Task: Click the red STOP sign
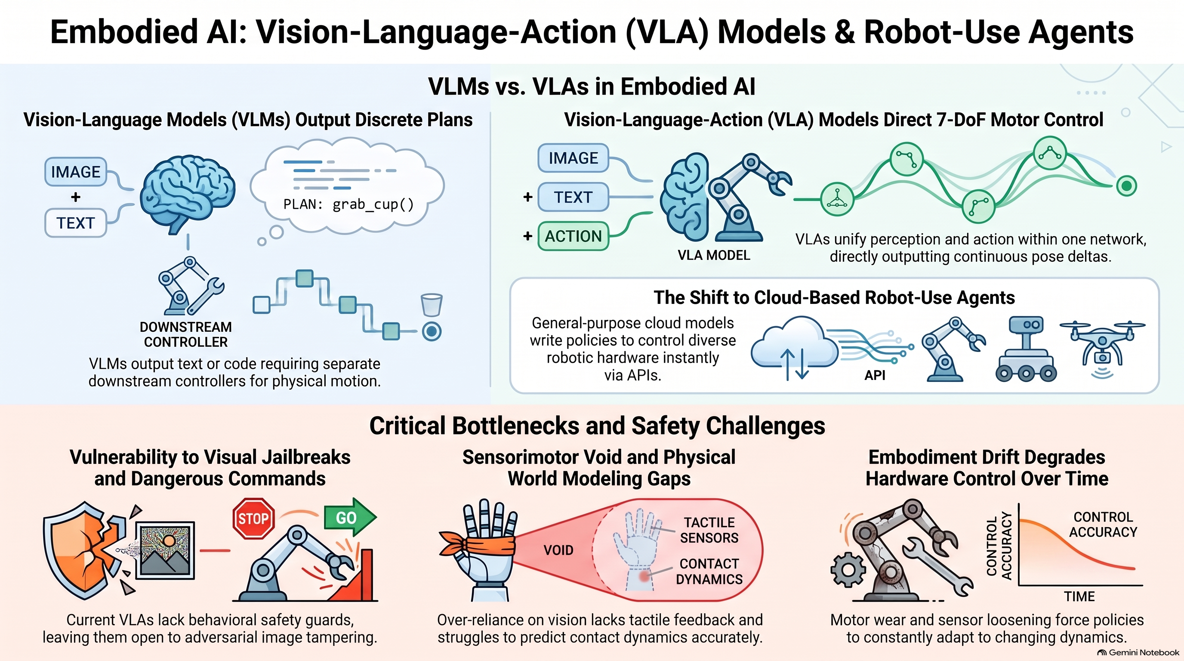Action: [254, 518]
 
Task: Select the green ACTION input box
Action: [573, 236]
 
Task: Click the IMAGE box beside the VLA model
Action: [573, 158]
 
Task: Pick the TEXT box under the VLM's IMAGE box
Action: [75, 223]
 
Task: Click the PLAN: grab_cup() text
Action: [348, 204]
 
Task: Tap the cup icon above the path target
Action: [432, 305]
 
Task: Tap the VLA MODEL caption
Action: [714, 255]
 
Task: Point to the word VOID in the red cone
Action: [558, 550]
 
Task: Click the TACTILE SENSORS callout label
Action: [709, 530]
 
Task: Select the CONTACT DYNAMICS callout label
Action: [709, 571]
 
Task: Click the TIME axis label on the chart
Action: [1079, 596]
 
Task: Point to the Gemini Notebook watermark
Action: [1138, 653]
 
